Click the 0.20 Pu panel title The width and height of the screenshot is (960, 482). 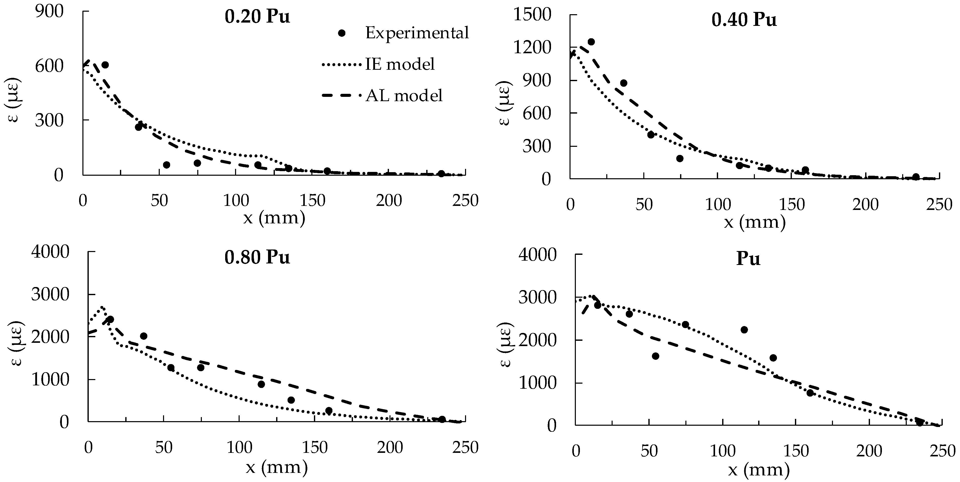pyautogui.click(x=257, y=17)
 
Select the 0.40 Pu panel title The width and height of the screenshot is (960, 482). pyautogui.click(x=744, y=20)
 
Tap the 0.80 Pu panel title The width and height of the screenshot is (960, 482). pyautogui.click(x=257, y=257)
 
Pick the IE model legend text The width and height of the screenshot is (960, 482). pyautogui.click(x=400, y=64)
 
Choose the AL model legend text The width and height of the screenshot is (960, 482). pyautogui.click(x=404, y=96)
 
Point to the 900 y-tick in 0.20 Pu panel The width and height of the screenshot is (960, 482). pyautogui.click(x=49, y=12)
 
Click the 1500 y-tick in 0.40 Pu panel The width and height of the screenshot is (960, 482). pyautogui.click(x=532, y=15)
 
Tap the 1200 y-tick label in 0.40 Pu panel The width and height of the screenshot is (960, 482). pyautogui.click(x=532, y=48)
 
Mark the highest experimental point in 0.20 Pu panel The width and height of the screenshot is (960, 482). pyautogui.click(x=105, y=65)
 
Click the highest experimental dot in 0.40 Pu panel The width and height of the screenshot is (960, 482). pyautogui.click(x=591, y=42)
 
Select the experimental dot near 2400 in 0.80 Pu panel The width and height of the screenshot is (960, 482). pyautogui.click(x=110, y=319)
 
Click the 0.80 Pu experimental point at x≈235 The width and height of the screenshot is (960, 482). pyautogui.click(x=442, y=419)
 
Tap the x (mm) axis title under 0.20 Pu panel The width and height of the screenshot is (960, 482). pyautogui.click(x=274, y=218)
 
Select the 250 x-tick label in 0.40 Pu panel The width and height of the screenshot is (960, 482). pyautogui.click(x=939, y=205)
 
